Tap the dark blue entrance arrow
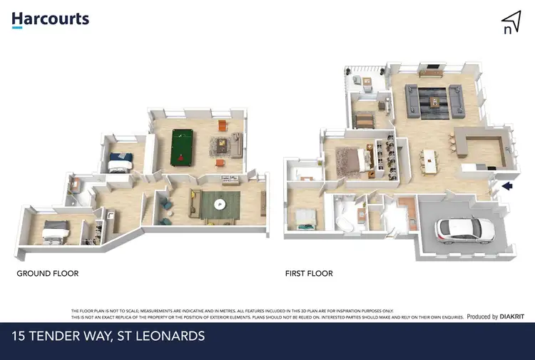click(507, 187)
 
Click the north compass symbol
click(510, 22)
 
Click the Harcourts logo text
click(50, 19)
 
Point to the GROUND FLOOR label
click(47, 273)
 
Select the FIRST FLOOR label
click(308, 273)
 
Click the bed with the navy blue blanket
click(118, 163)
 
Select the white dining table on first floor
click(430, 161)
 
